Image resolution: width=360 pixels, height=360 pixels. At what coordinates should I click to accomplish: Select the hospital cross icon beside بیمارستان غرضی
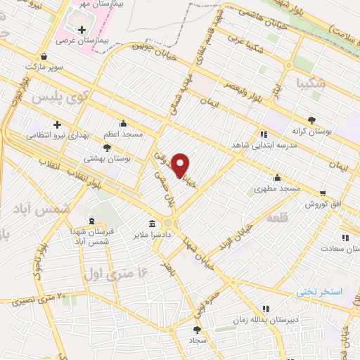click(83, 30)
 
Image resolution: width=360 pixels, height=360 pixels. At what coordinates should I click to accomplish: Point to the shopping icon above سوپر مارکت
click(45, 56)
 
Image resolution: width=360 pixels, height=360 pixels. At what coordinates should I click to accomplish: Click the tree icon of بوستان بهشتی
click(106, 148)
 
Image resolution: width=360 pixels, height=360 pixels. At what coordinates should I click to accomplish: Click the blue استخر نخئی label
click(319, 290)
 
